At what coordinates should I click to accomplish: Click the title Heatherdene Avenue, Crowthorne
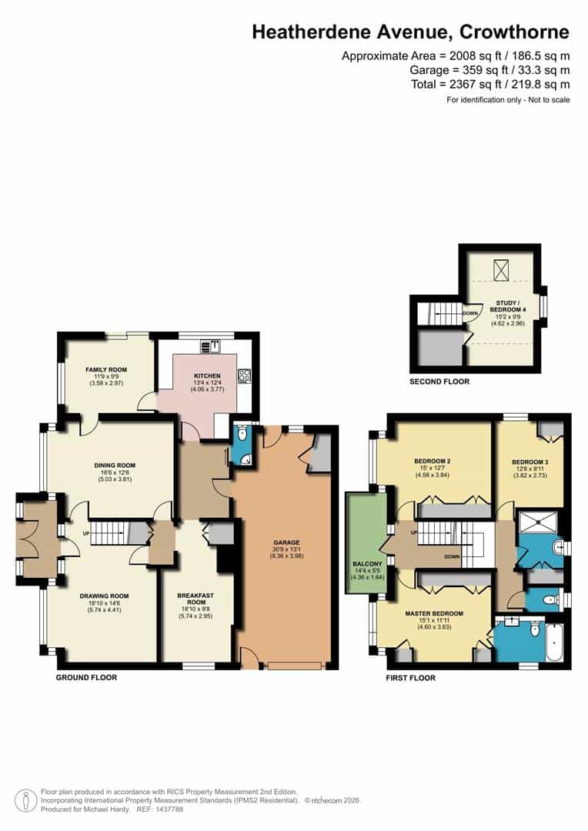click(411, 32)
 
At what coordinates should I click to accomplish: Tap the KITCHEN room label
click(207, 375)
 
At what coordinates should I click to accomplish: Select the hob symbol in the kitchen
click(244, 376)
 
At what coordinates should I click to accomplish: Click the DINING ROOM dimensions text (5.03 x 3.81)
click(115, 480)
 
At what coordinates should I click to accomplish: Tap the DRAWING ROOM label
click(104, 596)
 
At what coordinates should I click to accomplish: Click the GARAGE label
click(286, 542)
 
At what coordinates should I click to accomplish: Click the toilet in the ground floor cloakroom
click(242, 435)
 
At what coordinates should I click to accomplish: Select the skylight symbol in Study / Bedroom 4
click(503, 269)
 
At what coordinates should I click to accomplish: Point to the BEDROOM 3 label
click(530, 462)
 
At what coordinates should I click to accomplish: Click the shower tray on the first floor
click(540, 523)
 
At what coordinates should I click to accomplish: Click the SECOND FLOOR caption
click(439, 381)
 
